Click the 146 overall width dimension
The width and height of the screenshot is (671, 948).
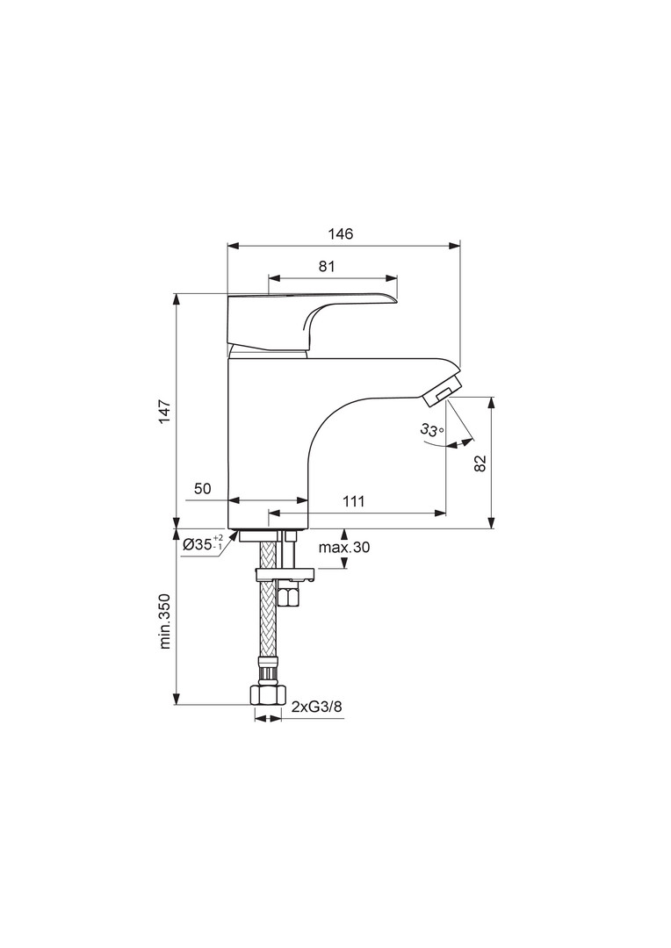[x=340, y=233]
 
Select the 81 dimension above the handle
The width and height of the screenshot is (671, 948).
[x=327, y=266]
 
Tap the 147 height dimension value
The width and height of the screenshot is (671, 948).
[x=164, y=412]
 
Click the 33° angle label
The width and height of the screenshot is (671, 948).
[x=432, y=430]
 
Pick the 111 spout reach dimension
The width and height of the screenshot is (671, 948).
[x=353, y=501]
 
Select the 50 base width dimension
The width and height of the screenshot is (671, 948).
[x=203, y=489]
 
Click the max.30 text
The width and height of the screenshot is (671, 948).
[x=343, y=548]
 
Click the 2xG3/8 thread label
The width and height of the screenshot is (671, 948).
[x=313, y=707]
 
